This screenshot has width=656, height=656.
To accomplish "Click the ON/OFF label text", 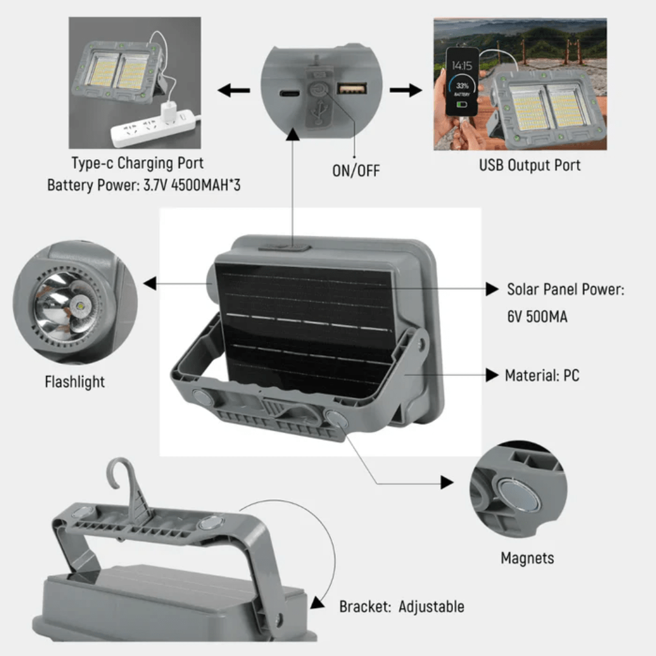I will pyautogui.click(x=355, y=171).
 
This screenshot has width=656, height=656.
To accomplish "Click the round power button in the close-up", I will pyautogui.click(x=316, y=91).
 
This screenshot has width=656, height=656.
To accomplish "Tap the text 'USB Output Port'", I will pyautogui.click(x=530, y=165).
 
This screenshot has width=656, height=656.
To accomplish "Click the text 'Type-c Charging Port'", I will pyautogui.click(x=137, y=163).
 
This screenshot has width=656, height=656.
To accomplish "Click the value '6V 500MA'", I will pyautogui.click(x=537, y=316).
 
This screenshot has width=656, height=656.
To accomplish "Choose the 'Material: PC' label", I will pyautogui.click(x=542, y=375).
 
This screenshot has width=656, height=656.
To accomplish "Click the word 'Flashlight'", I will pyautogui.click(x=75, y=382).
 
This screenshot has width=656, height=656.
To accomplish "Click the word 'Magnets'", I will pyautogui.click(x=527, y=558).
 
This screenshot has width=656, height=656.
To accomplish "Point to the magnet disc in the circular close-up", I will pyautogui.click(x=518, y=493).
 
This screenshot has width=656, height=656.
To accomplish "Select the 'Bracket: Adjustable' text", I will pyautogui.click(x=401, y=606).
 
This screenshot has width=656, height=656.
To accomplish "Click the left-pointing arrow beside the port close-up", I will pyautogui.click(x=234, y=91).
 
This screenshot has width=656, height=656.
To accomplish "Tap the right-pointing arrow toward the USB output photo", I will pyautogui.click(x=406, y=91).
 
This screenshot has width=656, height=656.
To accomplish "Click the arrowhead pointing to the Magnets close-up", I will pyautogui.click(x=447, y=482).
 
